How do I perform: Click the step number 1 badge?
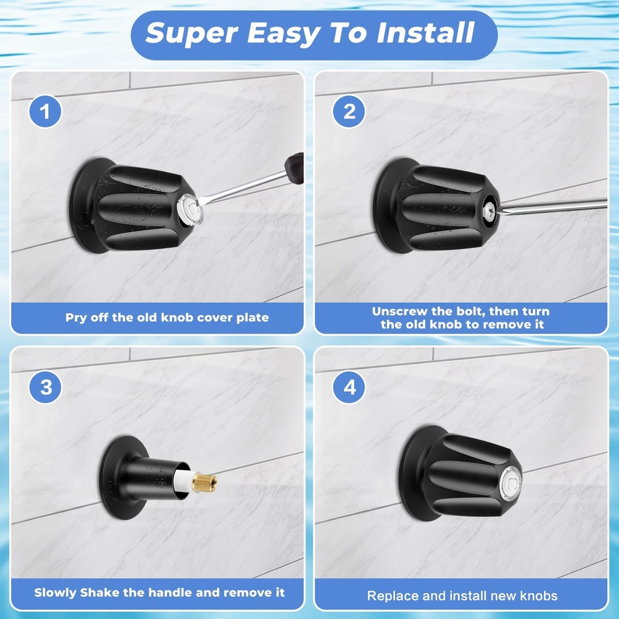(x=46, y=113)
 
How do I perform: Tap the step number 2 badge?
(x=349, y=113)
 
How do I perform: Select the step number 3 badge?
(x=46, y=388)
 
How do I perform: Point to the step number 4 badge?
(x=349, y=388)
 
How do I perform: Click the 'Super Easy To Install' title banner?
(x=314, y=35)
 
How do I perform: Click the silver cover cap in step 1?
(x=193, y=207)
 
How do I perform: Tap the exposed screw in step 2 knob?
(x=489, y=208)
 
